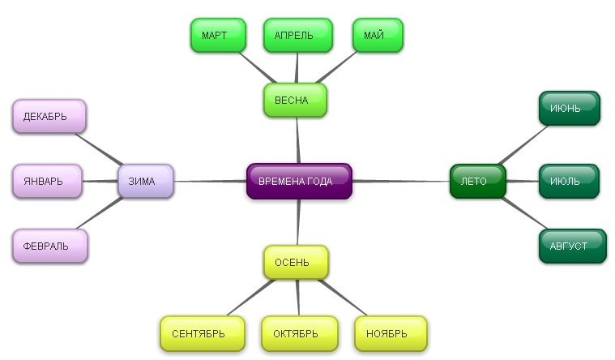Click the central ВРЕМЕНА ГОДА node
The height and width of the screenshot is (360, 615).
pyautogui.click(x=299, y=181)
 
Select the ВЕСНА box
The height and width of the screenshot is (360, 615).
pyautogui.click(x=296, y=101)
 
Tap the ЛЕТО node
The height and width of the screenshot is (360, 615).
pyautogui.click(x=477, y=181)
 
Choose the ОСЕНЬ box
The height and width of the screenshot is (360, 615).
pyautogui.click(x=297, y=263)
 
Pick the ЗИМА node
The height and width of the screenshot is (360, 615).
pyautogui.click(x=147, y=181)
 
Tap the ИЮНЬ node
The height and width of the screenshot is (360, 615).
pyautogui.click(x=569, y=109)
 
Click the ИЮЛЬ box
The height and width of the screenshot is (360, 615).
pyautogui.click(x=569, y=181)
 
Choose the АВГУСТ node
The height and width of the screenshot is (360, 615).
pyautogui.click(x=572, y=246)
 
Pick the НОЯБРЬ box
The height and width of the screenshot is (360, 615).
pyautogui.click(x=391, y=333)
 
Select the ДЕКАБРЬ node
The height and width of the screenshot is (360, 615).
pyautogui.click(x=49, y=116)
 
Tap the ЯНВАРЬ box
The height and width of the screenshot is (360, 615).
pyautogui.click(x=48, y=181)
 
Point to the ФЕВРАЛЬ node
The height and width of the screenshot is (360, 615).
pyautogui.click(x=49, y=245)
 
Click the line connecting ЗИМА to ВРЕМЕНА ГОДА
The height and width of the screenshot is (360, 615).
pyautogui.click(x=211, y=181)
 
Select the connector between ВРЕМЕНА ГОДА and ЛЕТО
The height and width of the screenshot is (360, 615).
pyautogui.click(x=401, y=181)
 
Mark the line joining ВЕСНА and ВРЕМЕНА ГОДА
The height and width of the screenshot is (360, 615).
pyautogui.click(x=298, y=142)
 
